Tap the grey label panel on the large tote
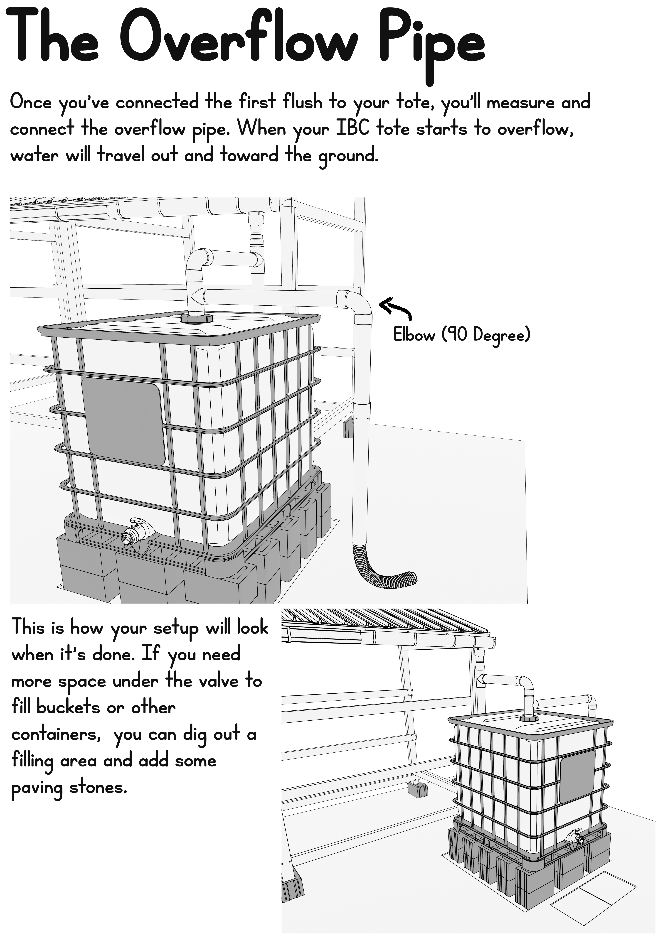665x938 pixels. coord(124,422)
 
